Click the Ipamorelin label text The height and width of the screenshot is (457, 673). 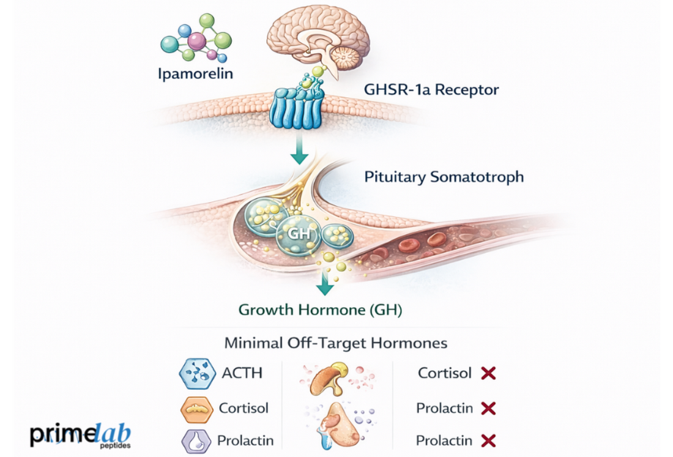pyautogui.click(x=195, y=75)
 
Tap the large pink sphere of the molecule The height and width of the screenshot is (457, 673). pyautogui.click(x=196, y=41)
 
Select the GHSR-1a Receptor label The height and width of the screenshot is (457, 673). pyautogui.click(x=431, y=90)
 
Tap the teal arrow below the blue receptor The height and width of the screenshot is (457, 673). pyautogui.click(x=299, y=152)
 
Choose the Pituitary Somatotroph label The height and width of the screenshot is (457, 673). pyautogui.click(x=444, y=177)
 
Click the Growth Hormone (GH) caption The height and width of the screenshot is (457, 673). pyautogui.click(x=320, y=310)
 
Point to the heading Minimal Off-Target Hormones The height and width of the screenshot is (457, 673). pyautogui.click(x=336, y=343)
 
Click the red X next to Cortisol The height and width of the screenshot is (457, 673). pyautogui.click(x=488, y=373)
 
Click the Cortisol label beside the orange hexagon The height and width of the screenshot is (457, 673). pyautogui.click(x=243, y=408)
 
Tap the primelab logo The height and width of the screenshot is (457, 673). pyautogui.click(x=80, y=434)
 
